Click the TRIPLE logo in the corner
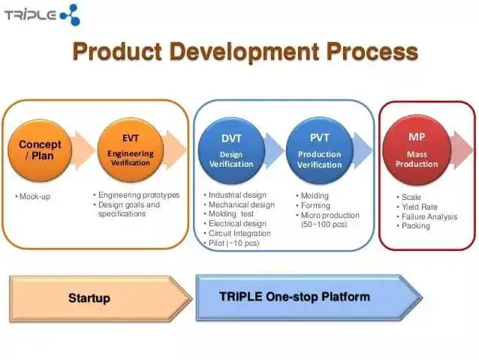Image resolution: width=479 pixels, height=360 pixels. pos(42,15)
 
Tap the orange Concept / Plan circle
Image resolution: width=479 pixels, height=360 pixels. pos(40,150)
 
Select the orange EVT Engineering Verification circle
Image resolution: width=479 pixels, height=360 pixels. pos(131,150)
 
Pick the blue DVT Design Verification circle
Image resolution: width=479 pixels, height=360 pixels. pos(231,150)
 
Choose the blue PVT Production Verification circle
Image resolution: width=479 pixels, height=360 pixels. pos(320,150)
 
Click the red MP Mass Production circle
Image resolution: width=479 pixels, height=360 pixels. pos(417,150)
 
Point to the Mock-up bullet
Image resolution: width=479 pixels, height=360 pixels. pos(33,196)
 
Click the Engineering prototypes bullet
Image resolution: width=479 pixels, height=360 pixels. pos(136,195)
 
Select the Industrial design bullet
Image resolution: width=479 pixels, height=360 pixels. pos(235,195)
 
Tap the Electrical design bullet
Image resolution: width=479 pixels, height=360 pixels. pos(235,223)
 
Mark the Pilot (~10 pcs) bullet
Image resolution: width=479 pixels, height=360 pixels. pos(231,244)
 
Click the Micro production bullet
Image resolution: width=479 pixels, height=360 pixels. pos(327,219)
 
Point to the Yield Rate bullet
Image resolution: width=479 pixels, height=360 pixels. pos(417,207)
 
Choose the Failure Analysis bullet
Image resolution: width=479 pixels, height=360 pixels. pos(426,216)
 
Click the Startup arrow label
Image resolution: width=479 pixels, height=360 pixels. pos(89,298)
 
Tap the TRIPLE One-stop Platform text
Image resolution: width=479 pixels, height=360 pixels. pos(294,296)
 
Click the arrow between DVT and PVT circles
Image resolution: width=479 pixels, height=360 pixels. pos(274,150)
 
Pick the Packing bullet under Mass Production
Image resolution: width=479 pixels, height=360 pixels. pos(413,225)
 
